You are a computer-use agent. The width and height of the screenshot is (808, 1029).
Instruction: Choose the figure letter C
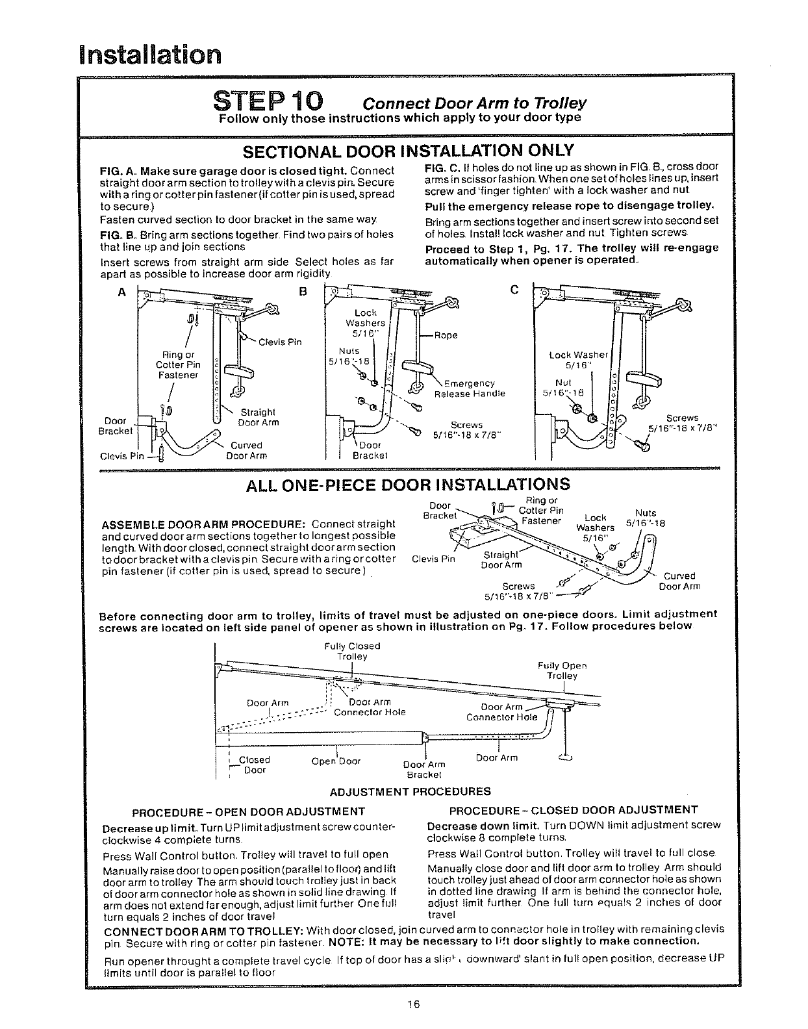pyautogui.click(x=514, y=290)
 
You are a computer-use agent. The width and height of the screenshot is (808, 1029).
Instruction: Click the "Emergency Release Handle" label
pyautogui.click(x=469, y=388)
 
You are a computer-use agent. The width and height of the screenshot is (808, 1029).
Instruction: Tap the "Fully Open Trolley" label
pyautogui.click(x=562, y=670)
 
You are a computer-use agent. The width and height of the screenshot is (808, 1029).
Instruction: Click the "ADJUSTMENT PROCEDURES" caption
pyautogui.click(x=410, y=791)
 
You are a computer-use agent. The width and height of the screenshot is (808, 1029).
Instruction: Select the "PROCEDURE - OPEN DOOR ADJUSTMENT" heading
pyautogui.click(x=248, y=811)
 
